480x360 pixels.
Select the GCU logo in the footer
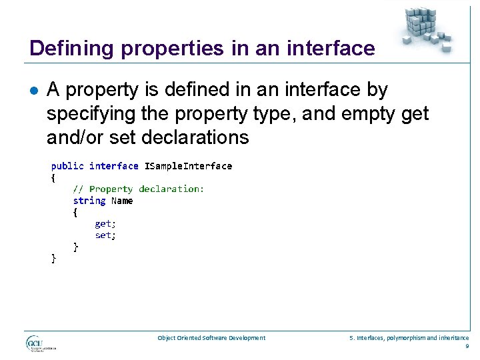tap(40, 344)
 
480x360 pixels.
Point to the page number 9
tap(467, 346)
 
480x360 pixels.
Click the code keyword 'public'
tap(67, 165)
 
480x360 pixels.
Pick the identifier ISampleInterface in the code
tap(188, 165)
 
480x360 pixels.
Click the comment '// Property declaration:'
tap(139, 189)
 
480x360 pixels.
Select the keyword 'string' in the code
tap(89, 201)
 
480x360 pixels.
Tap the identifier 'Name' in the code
tap(122, 201)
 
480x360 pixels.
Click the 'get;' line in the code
tap(105, 224)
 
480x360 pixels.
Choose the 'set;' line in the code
tap(105, 235)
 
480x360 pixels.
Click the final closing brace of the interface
tap(54, 259)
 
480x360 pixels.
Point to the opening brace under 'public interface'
tap(54, 177)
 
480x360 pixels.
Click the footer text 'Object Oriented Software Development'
tap(211, 338)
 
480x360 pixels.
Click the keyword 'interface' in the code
tap(114, 165)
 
